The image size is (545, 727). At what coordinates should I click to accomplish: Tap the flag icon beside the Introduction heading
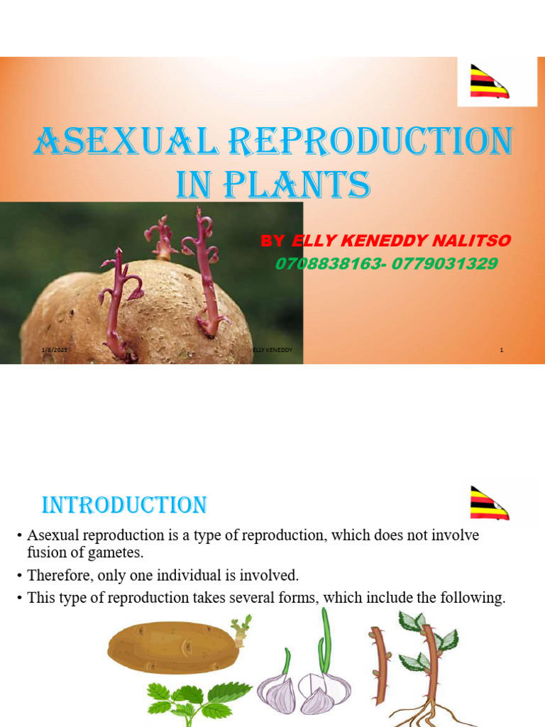coord(489,503)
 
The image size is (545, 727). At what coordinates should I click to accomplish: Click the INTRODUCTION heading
coord(124,505)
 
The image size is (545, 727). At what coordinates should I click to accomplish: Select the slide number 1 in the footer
coord(502,350)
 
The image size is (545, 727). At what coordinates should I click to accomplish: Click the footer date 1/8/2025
coord(53,350)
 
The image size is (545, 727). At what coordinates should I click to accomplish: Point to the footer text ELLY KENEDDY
coord(272,350)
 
